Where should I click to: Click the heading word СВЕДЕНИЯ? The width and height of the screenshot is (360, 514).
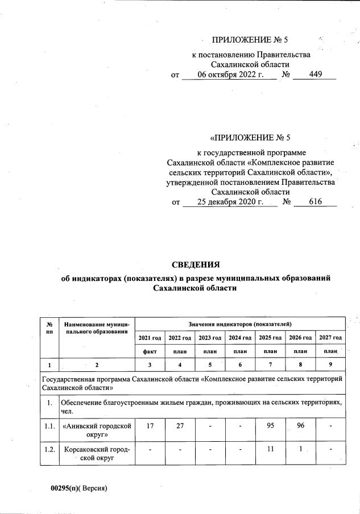195,264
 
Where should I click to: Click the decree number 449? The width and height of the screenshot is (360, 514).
316,74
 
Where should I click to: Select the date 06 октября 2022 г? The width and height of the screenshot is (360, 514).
230,74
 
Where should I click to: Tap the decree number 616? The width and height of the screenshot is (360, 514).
316,202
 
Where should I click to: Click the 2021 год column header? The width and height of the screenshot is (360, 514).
150,338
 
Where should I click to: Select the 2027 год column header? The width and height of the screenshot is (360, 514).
330,338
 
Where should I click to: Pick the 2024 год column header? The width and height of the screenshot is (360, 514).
240,338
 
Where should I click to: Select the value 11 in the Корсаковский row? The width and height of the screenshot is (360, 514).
270,449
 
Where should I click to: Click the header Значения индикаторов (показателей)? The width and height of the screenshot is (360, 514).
240,323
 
